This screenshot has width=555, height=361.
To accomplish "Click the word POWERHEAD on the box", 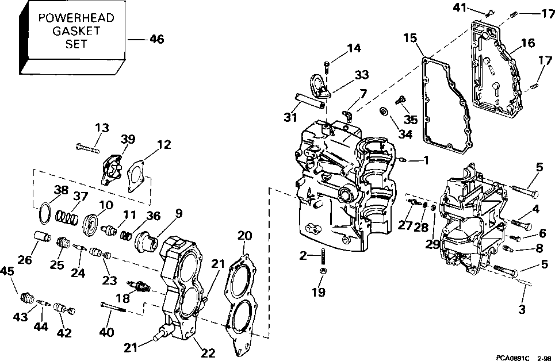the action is [76, 18].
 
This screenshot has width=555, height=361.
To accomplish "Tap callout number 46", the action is [157, 39].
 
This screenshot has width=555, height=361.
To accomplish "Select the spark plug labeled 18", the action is [139, 285].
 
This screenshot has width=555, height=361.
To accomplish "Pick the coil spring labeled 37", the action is [67, 217].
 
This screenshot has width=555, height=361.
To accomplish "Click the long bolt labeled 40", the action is [113, 306].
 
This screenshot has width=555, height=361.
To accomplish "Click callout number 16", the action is [528, 43].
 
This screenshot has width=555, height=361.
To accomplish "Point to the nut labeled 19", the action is [323, 271].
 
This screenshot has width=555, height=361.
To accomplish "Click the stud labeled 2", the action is [323, 256].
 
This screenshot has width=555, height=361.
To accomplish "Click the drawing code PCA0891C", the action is [512, 358].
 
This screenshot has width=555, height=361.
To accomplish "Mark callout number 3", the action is [522, 309].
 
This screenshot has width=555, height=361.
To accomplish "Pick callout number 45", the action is [7, 271].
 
